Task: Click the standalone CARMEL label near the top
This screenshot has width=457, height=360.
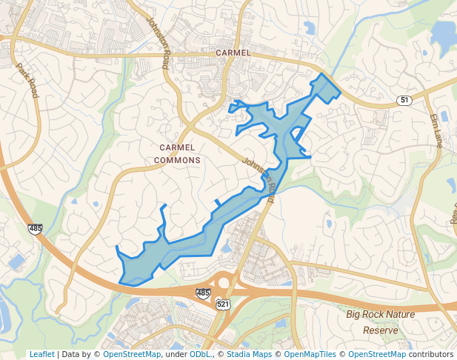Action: click(x=233, y=53)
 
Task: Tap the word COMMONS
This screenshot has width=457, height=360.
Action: click(x=178, y=160)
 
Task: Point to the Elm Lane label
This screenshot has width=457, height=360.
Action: click(x=436, y=130)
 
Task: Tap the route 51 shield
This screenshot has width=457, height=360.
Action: click(x=404, y=100)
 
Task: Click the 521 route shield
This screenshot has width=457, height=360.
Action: click(x=223, y=304)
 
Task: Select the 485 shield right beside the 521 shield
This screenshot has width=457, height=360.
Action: click(x=203, y=293)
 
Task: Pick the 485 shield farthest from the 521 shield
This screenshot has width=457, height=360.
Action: click(x=35, y=228)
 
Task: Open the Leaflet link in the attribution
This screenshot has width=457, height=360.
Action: click(x=41, y=354)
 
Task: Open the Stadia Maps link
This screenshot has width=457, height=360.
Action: click(x=250, y=354)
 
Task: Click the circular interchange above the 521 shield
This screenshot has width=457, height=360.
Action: click(x=224, y=282)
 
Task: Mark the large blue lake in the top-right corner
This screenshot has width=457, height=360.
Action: click(x=443, y=32)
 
